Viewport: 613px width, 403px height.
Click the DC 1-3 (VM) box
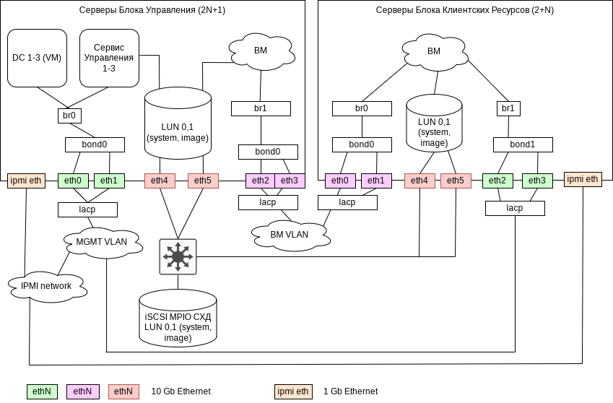click(x=37, y=58)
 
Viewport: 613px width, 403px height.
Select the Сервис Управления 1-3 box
click(x=109, y=58)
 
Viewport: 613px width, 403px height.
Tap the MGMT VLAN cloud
click(x=101, y=241)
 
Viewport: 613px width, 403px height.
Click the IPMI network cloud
click(x=46, y=286)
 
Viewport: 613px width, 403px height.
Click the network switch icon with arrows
click(x=178, y=256)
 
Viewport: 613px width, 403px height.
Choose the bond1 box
click(x=523, y=144)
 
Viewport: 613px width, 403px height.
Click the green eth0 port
click(x=73, y=181)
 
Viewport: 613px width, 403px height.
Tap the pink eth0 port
click(x=340, y=181)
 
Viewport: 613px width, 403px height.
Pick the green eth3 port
click(x=536, y=181)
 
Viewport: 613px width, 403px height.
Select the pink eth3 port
click(x=290, y=181)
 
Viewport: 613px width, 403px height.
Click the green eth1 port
click(x=109, y=181)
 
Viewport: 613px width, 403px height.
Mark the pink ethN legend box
click(x=82, y=391)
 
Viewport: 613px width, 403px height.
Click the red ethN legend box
click(x=123, y=391)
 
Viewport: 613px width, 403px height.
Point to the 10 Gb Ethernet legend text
click(x=181, y=391)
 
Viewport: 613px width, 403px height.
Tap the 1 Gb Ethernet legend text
click(x=350, y=391)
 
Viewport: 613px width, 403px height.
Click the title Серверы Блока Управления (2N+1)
click(x=152, y=10)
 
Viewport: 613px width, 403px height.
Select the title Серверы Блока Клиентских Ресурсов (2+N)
click(x=465, y=10)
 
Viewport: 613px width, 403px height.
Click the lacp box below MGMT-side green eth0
click(x=87, y=209)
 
